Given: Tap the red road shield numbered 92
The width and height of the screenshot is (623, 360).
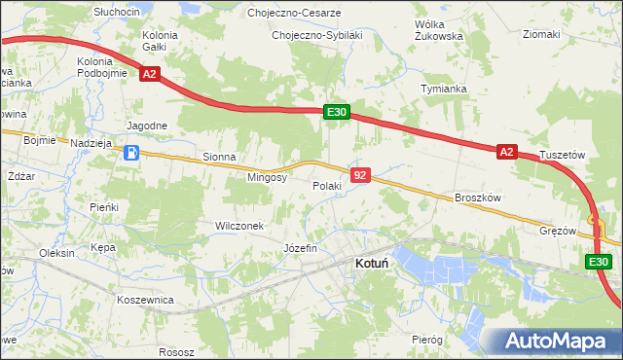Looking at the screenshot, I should point(361,175).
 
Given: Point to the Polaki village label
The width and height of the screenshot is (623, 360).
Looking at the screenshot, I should point(327,185).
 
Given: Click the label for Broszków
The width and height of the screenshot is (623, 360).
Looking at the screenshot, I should point(477,197).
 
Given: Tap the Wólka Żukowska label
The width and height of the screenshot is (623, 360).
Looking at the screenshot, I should point(438,29).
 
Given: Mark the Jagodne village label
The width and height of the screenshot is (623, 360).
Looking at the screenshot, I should point(148,126).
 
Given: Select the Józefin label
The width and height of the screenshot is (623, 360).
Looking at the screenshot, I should point(300,248).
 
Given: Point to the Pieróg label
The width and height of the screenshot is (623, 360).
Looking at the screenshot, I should point(426,340).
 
